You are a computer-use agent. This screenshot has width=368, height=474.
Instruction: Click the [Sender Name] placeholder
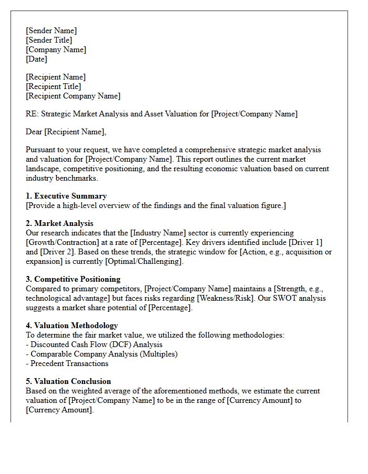click(51, 31)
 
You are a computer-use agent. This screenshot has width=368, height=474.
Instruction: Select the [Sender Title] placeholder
click(49, 40)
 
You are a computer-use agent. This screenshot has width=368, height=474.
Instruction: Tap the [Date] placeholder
click(36, 59)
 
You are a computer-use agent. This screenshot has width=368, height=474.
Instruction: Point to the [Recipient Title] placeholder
click(53, 86)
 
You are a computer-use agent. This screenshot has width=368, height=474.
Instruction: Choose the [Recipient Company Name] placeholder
click(73, 96)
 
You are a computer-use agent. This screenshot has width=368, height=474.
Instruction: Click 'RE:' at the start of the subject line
click(32, 114)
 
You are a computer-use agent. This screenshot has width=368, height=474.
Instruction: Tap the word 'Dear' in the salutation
click(34, 132)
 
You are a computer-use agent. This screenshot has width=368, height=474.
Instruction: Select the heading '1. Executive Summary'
click(66, 196)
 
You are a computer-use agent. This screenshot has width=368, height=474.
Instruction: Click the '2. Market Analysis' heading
click(59, 223)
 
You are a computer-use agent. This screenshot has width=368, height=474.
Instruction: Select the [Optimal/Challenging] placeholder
click(144, 261)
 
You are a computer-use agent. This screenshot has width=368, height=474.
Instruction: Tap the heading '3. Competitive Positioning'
click(73, 279)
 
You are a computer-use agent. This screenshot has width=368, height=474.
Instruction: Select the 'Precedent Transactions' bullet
click(69, 363)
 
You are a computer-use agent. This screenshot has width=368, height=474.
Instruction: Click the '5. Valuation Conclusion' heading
click(68, 381)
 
